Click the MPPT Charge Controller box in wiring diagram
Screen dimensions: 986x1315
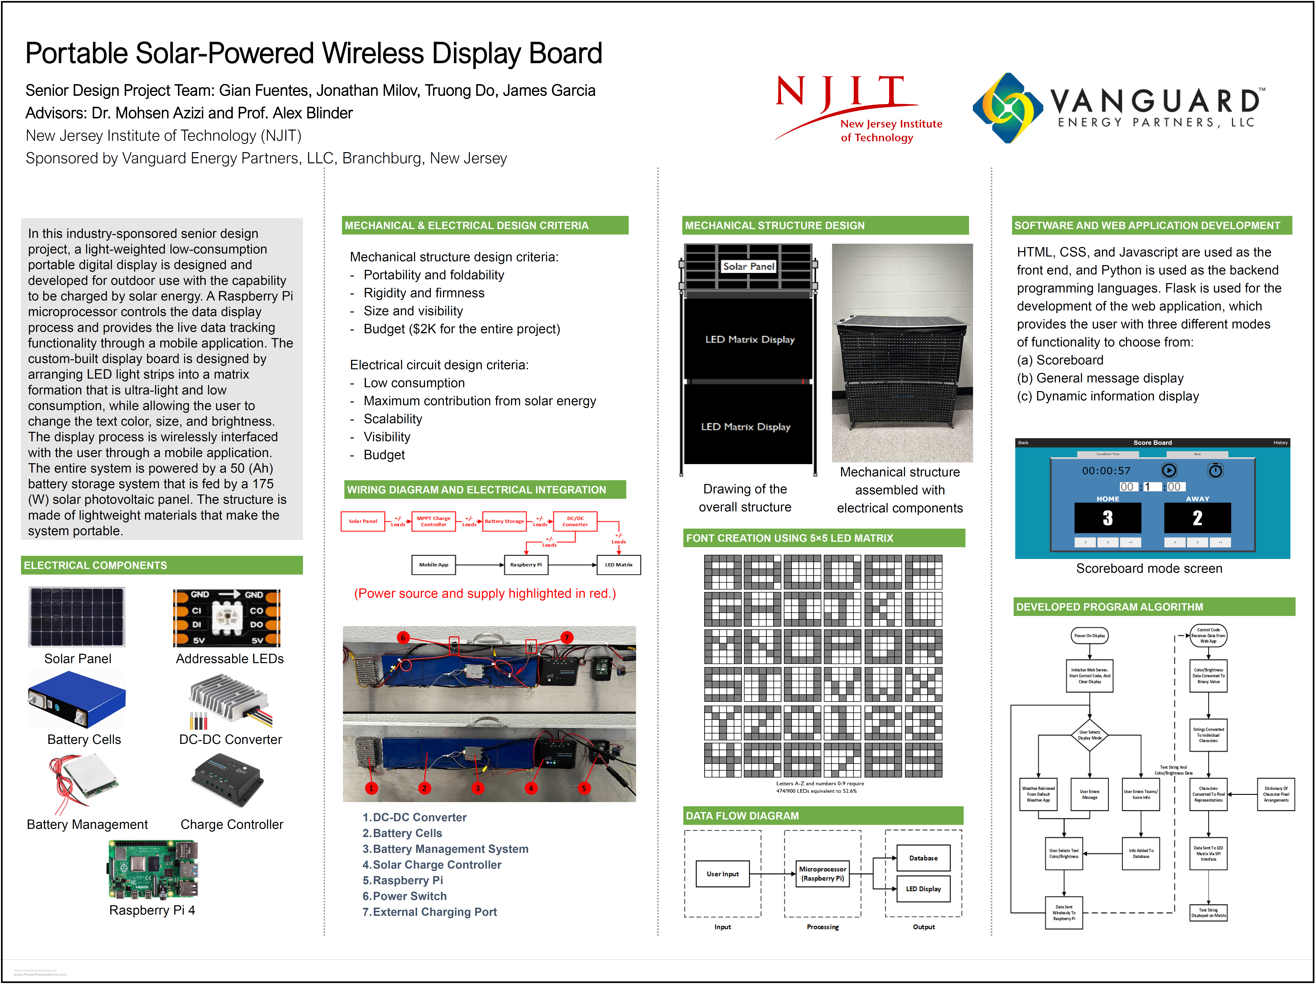(433, 521)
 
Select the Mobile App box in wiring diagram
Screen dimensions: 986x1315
(433, 565)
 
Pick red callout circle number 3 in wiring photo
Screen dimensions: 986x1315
(477, 788)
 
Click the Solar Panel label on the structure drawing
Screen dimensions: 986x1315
(748, 266)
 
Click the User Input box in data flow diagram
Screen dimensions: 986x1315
(722, 874)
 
